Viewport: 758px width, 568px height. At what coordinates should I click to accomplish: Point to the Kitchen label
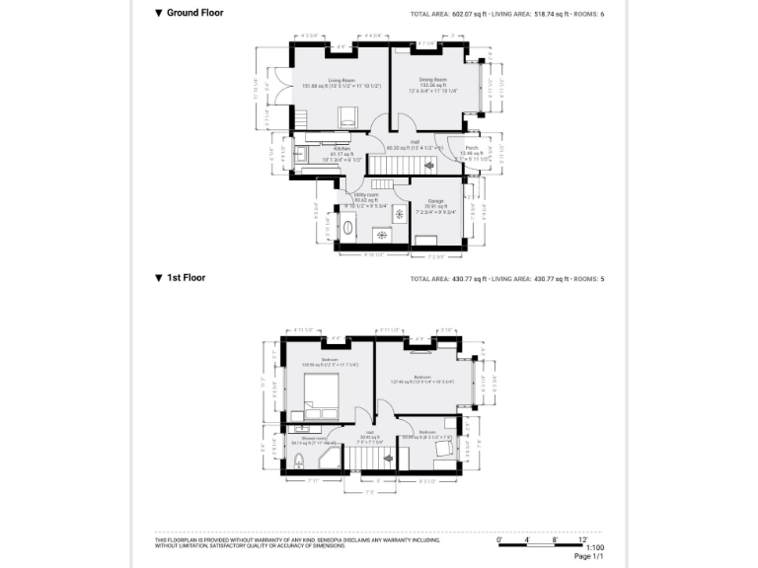coord(342,149)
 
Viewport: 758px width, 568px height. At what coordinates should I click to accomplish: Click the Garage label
coord(435,201)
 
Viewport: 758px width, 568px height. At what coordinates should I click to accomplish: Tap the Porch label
coord(472,148)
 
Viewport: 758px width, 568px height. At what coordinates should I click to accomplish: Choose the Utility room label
coord(367,195)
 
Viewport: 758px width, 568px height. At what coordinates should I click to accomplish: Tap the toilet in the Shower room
coord(297,461)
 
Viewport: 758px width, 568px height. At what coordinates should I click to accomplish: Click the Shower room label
coord(300,439)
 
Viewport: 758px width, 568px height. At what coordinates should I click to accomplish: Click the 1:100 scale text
coord(595,547)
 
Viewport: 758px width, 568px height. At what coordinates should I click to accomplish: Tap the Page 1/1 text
coord(589,557)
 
